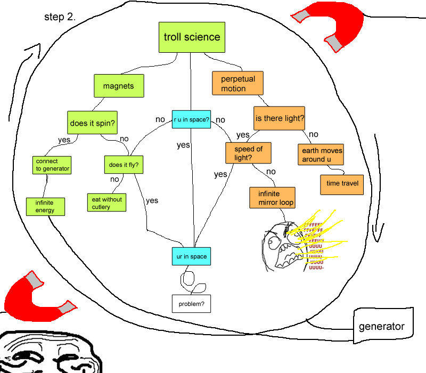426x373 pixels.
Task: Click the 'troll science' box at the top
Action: pyautogui.click(x=192, y=37)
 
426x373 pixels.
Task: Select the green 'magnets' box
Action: pyautogui.click(x=118, y=86)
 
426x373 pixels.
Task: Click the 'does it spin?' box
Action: pyautogui.click(x=93, y=123)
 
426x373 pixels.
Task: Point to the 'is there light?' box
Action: pyautogui.click(x=279, y=118)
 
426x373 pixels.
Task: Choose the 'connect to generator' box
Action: pyautogui.click(x=52, y=165)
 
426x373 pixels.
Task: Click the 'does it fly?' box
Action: pyautogui.click(x=124, y=165)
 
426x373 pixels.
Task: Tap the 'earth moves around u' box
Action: pyautogui.click(x=321, y=155)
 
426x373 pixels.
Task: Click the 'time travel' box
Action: pyautogui.click(x=341, y=184)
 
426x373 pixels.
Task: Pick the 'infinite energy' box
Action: pyautogui.click(x=46, y=206)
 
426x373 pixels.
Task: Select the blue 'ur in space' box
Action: pyautogui.click(x=191, y=257)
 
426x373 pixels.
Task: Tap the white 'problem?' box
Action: pyautogui.click(x=191, y=304)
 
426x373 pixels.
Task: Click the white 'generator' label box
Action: pyautogui.click(x=381, y=326)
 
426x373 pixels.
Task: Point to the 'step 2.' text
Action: pyautogui.click(x=60, y=17)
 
